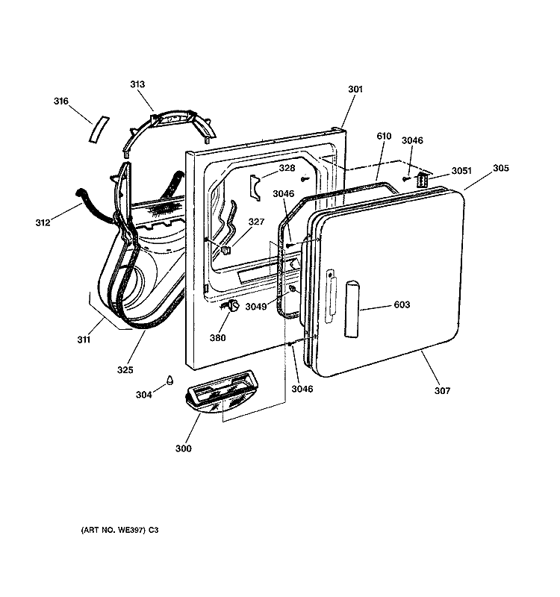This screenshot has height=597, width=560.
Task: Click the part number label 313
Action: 137,84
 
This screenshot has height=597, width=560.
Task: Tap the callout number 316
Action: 61,101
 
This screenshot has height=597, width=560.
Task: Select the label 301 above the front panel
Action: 355,89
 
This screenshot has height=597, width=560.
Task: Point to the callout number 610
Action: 384,136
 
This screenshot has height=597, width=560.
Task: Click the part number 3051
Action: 461,171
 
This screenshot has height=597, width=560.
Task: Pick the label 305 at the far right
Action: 501,168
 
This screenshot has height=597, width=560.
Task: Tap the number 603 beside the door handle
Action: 402,304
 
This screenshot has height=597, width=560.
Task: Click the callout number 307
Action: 442,390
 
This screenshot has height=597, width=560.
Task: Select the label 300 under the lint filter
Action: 183,448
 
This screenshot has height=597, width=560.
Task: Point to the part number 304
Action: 144,395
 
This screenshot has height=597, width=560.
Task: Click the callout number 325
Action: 125,369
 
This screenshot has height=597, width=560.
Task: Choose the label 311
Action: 84,340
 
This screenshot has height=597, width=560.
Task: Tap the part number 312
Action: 43,222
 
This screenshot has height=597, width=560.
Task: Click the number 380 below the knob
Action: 217,338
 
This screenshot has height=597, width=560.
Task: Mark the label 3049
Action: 256,307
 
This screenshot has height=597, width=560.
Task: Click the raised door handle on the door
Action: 352,309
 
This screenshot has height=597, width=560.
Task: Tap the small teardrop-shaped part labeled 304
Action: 169,380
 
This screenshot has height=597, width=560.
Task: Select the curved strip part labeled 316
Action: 99,130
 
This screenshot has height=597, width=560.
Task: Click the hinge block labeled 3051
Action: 423,179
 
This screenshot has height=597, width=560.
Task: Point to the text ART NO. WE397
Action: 113,530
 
